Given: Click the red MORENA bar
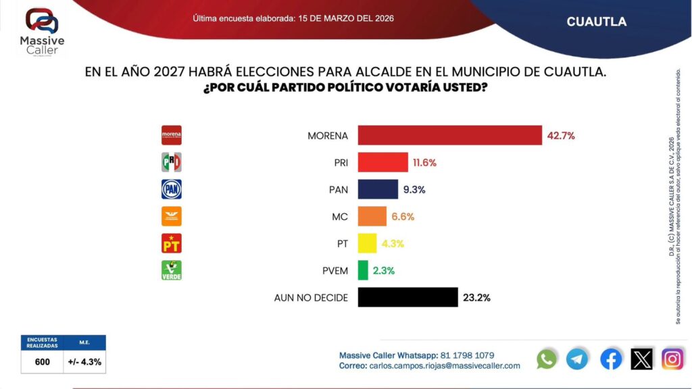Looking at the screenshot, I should click(x=449, y=135).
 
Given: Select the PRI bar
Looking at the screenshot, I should click(x=382, y=162).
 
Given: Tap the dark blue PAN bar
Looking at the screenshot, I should click(x=378, y=189).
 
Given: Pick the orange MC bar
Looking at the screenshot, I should click(x=372, y=216).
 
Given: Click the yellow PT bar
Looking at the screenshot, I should click(x=367, y=243).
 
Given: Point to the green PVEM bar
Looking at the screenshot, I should click(x=363, y=270).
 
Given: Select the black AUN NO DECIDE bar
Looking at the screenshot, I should click(x=407, y=297).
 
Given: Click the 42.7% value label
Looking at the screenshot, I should click(x=560, y=136).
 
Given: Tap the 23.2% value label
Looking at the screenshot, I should click(x=476, y=298).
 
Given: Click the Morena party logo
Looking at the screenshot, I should click(x=172, y=136).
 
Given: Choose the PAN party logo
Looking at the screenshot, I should click(x=172, y=189).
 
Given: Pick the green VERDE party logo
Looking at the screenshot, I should click(x=172, y=270).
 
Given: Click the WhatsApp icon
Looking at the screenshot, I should click(x=547, y=359).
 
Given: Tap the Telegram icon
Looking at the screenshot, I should click(x=577, y=359).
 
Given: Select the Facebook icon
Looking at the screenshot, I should click(x=611, y=359).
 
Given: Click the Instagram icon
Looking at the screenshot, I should click(x=672, y=359).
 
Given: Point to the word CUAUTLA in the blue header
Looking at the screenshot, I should click(x=597, y=22).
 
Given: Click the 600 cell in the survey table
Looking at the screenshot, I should click(x=43, y=362).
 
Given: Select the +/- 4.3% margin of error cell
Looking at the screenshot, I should click(x=84, y=362).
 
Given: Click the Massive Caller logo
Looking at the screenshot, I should click(x=42, y=32).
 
